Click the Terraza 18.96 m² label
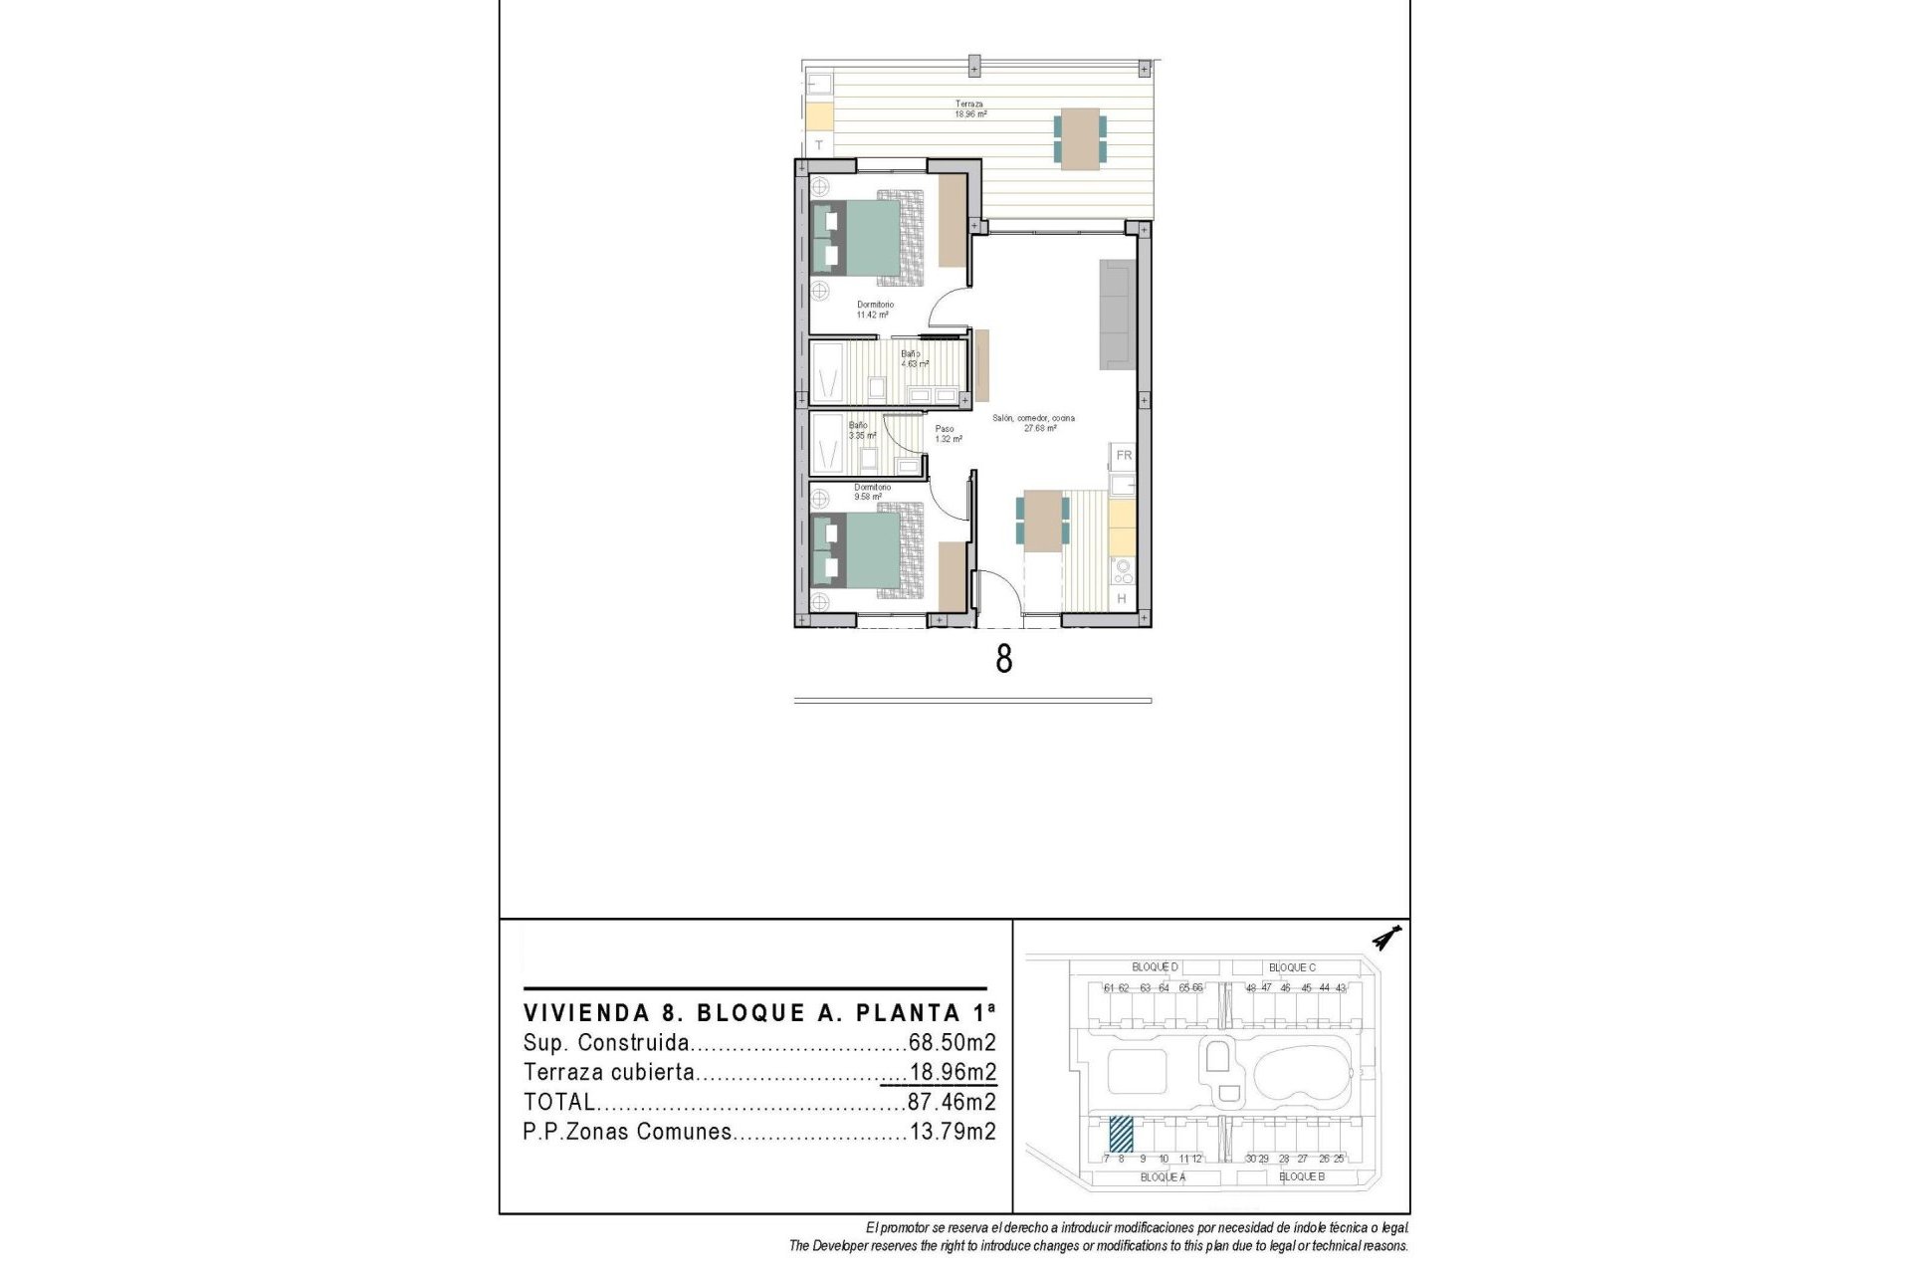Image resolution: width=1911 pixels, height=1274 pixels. pos(970,108)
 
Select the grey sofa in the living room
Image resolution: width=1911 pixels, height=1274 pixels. pos(1118,315)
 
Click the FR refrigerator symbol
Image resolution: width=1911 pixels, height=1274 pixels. pos(1124,455)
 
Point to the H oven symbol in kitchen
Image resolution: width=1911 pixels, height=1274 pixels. pos(1122,598)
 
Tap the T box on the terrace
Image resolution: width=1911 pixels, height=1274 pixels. pos(819,145)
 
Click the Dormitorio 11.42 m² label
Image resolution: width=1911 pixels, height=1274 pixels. pos(875,310)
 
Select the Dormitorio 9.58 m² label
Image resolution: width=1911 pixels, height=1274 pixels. pos(872,492)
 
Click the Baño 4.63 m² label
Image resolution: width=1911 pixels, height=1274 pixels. pos(914,358)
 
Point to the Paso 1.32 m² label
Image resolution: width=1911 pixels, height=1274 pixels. pos(948,434)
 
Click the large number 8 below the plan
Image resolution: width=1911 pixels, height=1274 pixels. pos(1004,659)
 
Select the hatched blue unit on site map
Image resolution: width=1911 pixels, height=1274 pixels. pos(1121,1133)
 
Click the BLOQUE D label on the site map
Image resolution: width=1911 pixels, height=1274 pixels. pos(1155,966)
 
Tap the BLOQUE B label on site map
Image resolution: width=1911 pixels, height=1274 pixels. pos(1301,1176)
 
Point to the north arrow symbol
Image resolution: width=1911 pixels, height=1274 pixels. pos(1385,938)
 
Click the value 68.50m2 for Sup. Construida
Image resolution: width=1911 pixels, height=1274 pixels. pos(952,1043)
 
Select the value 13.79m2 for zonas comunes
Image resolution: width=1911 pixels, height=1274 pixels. pos(953,1132)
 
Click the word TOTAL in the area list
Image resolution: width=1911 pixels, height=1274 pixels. pos(559,1102)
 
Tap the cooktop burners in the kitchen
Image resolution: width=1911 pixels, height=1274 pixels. pos(1123,571)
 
